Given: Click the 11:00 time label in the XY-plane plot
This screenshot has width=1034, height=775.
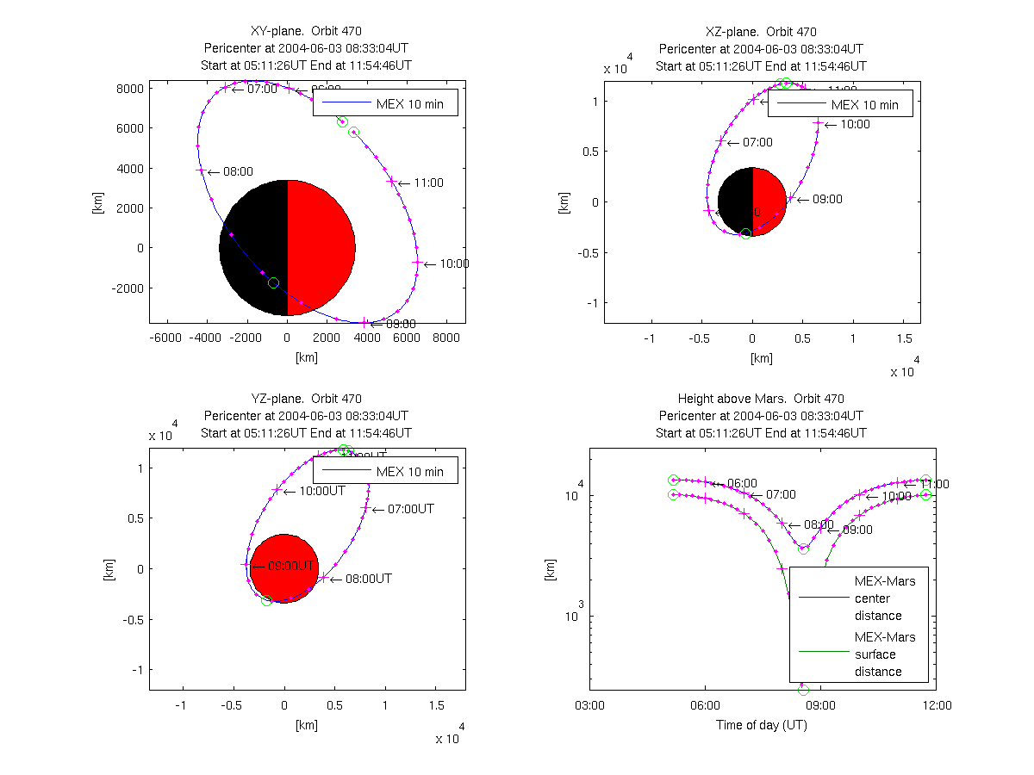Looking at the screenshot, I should (x=428, y=183).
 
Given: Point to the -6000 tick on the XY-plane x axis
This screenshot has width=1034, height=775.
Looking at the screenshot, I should (x=165, y=339).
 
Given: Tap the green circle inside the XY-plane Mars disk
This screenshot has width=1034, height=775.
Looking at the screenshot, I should (x=274, y=283).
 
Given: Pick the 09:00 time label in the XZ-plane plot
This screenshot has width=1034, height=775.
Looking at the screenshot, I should (x=827, y=199).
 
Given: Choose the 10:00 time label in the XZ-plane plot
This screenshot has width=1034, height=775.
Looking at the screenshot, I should (x=855, y=124).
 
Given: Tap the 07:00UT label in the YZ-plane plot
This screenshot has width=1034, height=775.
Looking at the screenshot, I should (x=410, y=509).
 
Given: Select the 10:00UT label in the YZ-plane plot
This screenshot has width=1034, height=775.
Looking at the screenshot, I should (x=321, y=491).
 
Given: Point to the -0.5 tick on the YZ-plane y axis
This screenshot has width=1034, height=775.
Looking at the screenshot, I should (x=130, y=619).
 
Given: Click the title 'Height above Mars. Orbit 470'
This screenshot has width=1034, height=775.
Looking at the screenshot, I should (x=760, y=399).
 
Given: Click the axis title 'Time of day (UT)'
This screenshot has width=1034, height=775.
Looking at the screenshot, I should (x=761, y=725).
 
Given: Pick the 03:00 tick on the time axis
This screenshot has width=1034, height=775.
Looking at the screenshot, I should (x=589, y=705).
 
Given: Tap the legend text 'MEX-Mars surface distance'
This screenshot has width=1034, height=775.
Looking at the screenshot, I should (x=884, y=654).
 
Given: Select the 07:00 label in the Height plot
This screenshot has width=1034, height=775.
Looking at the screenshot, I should (x=781, y=494).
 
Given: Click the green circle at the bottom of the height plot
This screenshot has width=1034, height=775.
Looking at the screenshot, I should (x=804, y=691).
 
